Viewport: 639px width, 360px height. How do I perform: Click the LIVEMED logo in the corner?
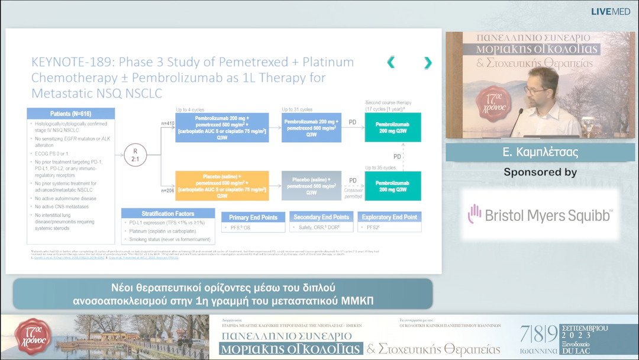tap(611, 11)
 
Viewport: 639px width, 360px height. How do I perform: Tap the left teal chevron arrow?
tap(390, 62)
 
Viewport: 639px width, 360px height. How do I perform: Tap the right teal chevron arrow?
tap(428, 62)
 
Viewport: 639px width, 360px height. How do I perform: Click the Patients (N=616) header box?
tap(71, 114)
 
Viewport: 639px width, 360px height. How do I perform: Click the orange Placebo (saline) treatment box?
tap(222, 185)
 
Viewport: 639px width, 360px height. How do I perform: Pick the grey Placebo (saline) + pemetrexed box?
tap(312, 185)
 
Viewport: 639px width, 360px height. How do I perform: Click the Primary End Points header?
tap(253, 217)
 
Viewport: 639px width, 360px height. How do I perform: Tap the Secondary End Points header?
tap(322, 217)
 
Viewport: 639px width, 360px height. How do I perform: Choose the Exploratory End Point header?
tap(390, 217)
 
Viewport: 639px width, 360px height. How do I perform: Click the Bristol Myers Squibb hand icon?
tap(474, 214)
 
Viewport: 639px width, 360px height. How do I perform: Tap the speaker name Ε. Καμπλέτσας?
tap(540, 152)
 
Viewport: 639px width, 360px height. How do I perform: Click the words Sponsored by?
tap(540, 172)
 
